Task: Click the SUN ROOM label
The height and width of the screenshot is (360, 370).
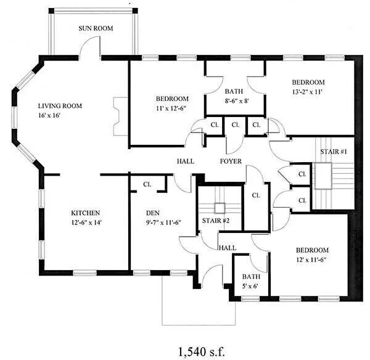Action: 95,28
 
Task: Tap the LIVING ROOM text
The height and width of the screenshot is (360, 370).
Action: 60,105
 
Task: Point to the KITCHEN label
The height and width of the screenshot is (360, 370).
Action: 86,212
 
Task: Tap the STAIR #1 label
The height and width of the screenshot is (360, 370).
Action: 334,152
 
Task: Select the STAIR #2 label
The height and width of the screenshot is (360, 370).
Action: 216,220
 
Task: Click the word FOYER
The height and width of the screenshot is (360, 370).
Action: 231,162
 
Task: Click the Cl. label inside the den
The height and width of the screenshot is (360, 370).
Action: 147,184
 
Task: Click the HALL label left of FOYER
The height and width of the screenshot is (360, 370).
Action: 186,162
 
